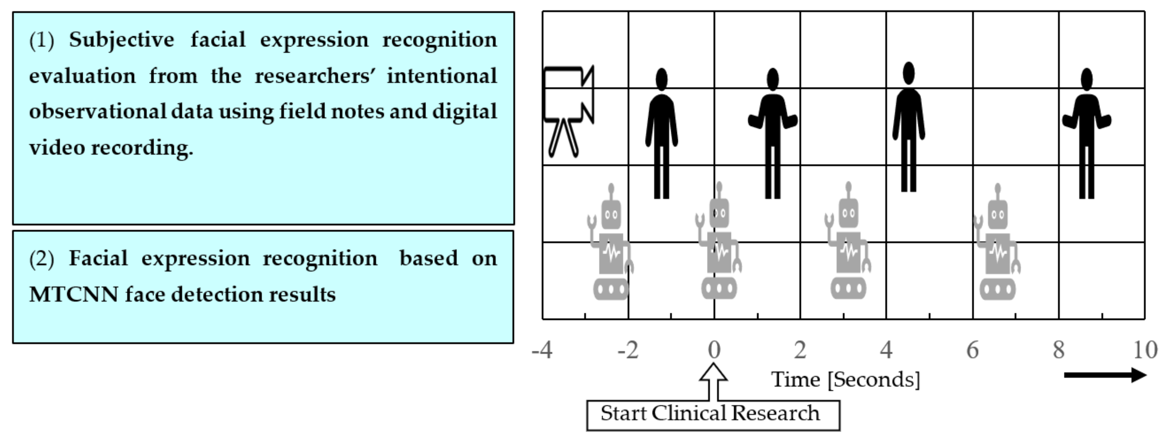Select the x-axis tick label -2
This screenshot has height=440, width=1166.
click(628, 350)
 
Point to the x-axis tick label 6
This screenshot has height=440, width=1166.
click(972, 350)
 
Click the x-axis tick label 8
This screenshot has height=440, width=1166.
click(1058, 350)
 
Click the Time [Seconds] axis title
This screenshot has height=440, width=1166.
click(845, 379)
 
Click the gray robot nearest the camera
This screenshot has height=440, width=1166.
click(611, 245)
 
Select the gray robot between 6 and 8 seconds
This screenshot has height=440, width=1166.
click(997, 245)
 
